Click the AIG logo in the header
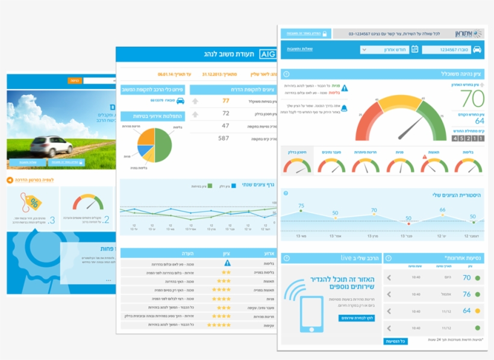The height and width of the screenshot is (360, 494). [x=267, y=54]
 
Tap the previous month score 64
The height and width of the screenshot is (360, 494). [x=472, y=121]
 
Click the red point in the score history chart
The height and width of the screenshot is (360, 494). [x=408, y=223]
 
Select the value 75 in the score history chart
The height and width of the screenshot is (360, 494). [x=301, y=206]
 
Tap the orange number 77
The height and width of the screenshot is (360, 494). [x=226, y=101]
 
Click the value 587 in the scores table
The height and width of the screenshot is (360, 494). [x=224, y=138]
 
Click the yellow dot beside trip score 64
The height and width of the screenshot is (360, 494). [x=478, y=311]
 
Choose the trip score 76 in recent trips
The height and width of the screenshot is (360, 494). [x=466, y=294]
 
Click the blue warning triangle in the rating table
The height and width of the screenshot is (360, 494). [x=227, y=263]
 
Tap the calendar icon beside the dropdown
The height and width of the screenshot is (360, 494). [x=414, y=49]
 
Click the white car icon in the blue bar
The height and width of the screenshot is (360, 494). [x=476, y=49]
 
